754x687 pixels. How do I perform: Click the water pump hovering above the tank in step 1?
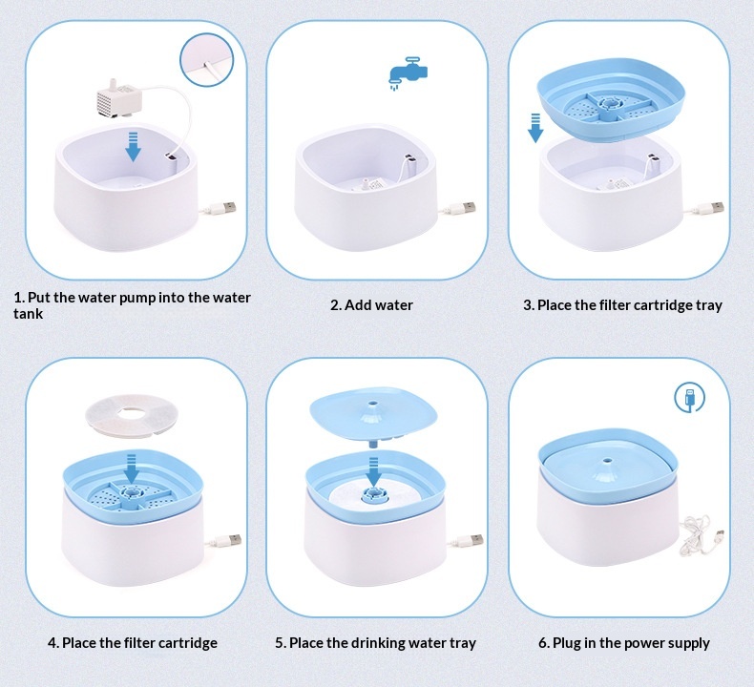coord(119,99)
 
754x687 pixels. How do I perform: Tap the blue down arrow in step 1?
coord(134,146)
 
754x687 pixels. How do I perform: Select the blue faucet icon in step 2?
coord(408,73)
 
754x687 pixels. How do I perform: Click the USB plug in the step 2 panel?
coord(464,208)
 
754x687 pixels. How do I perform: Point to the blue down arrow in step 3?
coord(535,128)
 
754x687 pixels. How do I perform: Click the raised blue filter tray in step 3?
coord(611,99)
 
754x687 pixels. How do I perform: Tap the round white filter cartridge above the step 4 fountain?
coord(132,415)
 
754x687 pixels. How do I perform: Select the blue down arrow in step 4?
coord(131,468)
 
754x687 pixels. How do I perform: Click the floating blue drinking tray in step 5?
coord(373,416)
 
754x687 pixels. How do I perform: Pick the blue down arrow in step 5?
coord(373,472)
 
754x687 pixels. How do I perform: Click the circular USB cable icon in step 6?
coord(689,398)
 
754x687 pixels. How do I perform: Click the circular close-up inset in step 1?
coord(207,59)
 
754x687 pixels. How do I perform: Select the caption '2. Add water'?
coord(371,305)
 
